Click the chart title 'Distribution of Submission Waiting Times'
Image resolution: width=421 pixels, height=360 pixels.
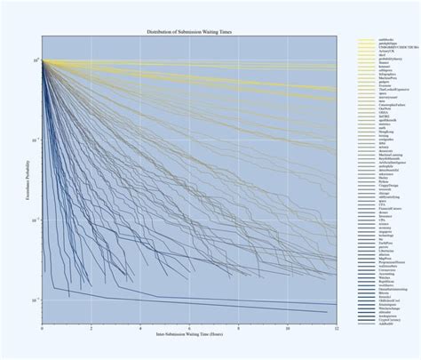tap(189, 32)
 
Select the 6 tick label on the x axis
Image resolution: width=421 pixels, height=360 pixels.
tap(189, 331)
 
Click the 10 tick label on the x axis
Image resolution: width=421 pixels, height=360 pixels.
tap(288, 331)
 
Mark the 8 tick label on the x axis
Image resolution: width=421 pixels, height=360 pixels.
tap(239, 331)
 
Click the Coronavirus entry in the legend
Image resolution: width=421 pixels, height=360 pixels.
tap(391, 270)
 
